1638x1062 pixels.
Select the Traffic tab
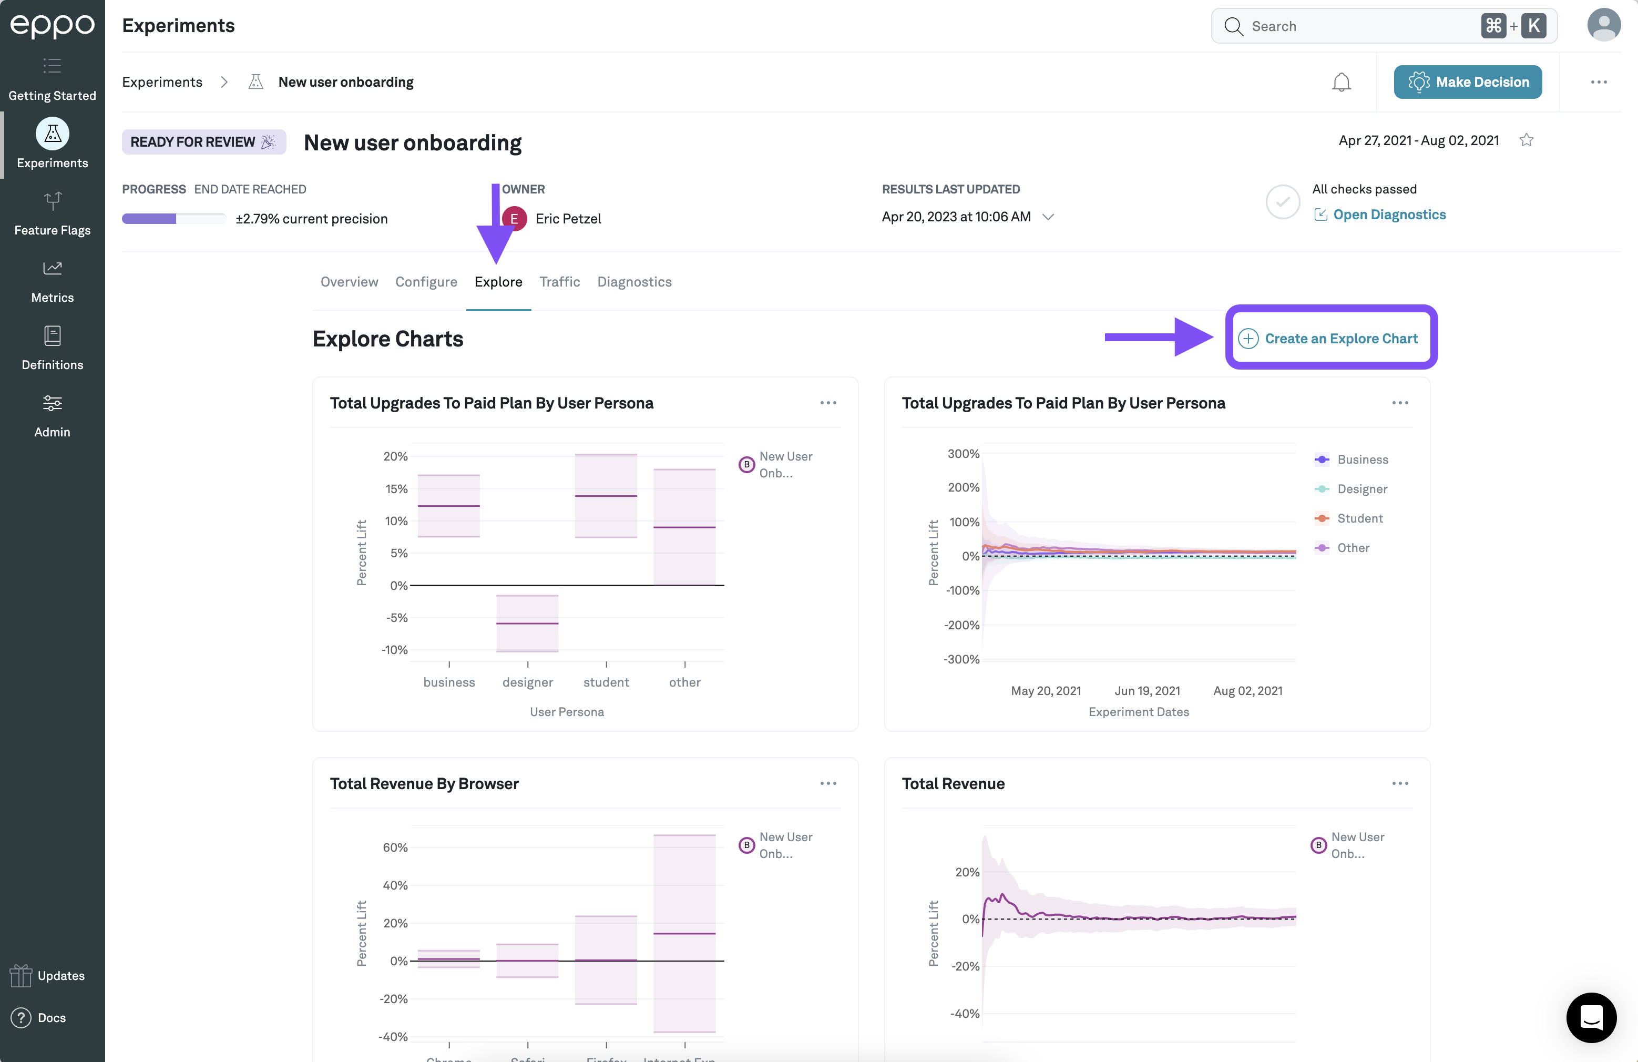click(x=559, y=281)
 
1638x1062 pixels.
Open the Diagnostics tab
click(x=634, y=281)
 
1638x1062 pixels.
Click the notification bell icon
click(x=1340, y=83)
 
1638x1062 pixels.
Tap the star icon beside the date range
click(x=1526, y=140)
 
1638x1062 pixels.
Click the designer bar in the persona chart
click(x=527, y=623)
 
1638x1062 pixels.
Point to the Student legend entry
click(x=1359, y=518)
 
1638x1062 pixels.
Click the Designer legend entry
click(x=1361, y=488)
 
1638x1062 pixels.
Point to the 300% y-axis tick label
click(x=963, y=454)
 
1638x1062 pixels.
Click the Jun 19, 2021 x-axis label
click(x=1146, y=690)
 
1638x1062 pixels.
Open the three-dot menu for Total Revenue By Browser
click(x=828, y=783)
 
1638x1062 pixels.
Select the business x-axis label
click(x=449, y=682)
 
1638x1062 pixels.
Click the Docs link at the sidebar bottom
click(x=51, y=1017)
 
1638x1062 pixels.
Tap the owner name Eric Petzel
click(x=568, y=219)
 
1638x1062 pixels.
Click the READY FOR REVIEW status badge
click(x=203, y=142)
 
